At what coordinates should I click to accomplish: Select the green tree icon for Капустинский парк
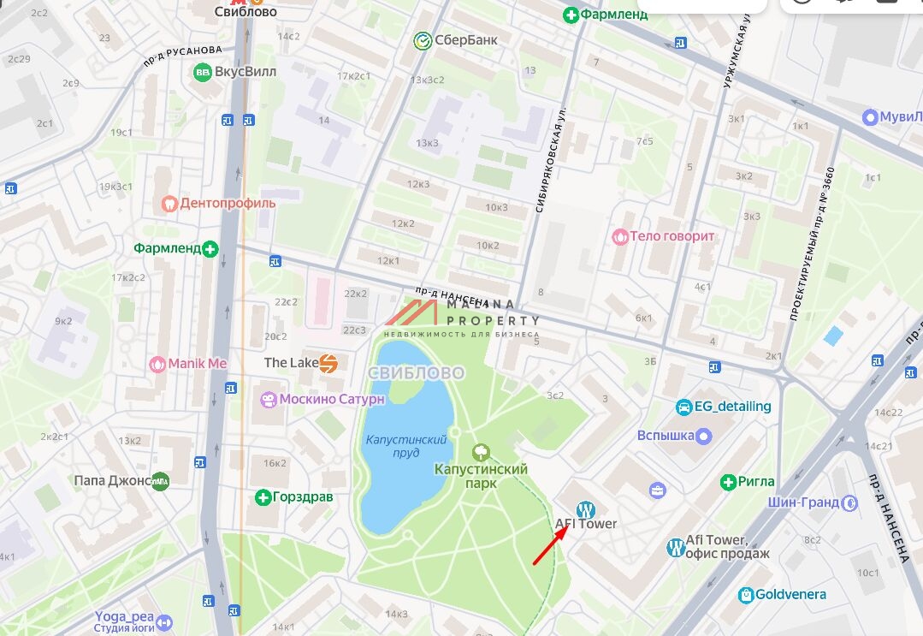coord(481,451)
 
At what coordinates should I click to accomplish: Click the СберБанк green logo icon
coord(422,40)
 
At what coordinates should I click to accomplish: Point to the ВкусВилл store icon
coord(203,72)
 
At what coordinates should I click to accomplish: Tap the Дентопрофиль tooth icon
coord(169,204)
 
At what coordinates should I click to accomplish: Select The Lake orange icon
coord(328,363)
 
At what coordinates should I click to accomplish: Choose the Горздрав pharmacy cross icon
coord(263,497)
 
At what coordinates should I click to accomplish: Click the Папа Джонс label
coord(111,481)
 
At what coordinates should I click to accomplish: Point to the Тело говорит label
coord(672,236)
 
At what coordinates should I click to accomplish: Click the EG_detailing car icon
coord(683,407)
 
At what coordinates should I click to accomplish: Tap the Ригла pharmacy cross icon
coord(728,482)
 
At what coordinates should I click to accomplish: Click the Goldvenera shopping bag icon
coord(746,595)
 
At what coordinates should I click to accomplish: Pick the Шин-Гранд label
coord(802,503)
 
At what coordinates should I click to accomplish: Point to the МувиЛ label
coord(902,116)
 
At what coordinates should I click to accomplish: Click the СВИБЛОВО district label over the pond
coord(416,373)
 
